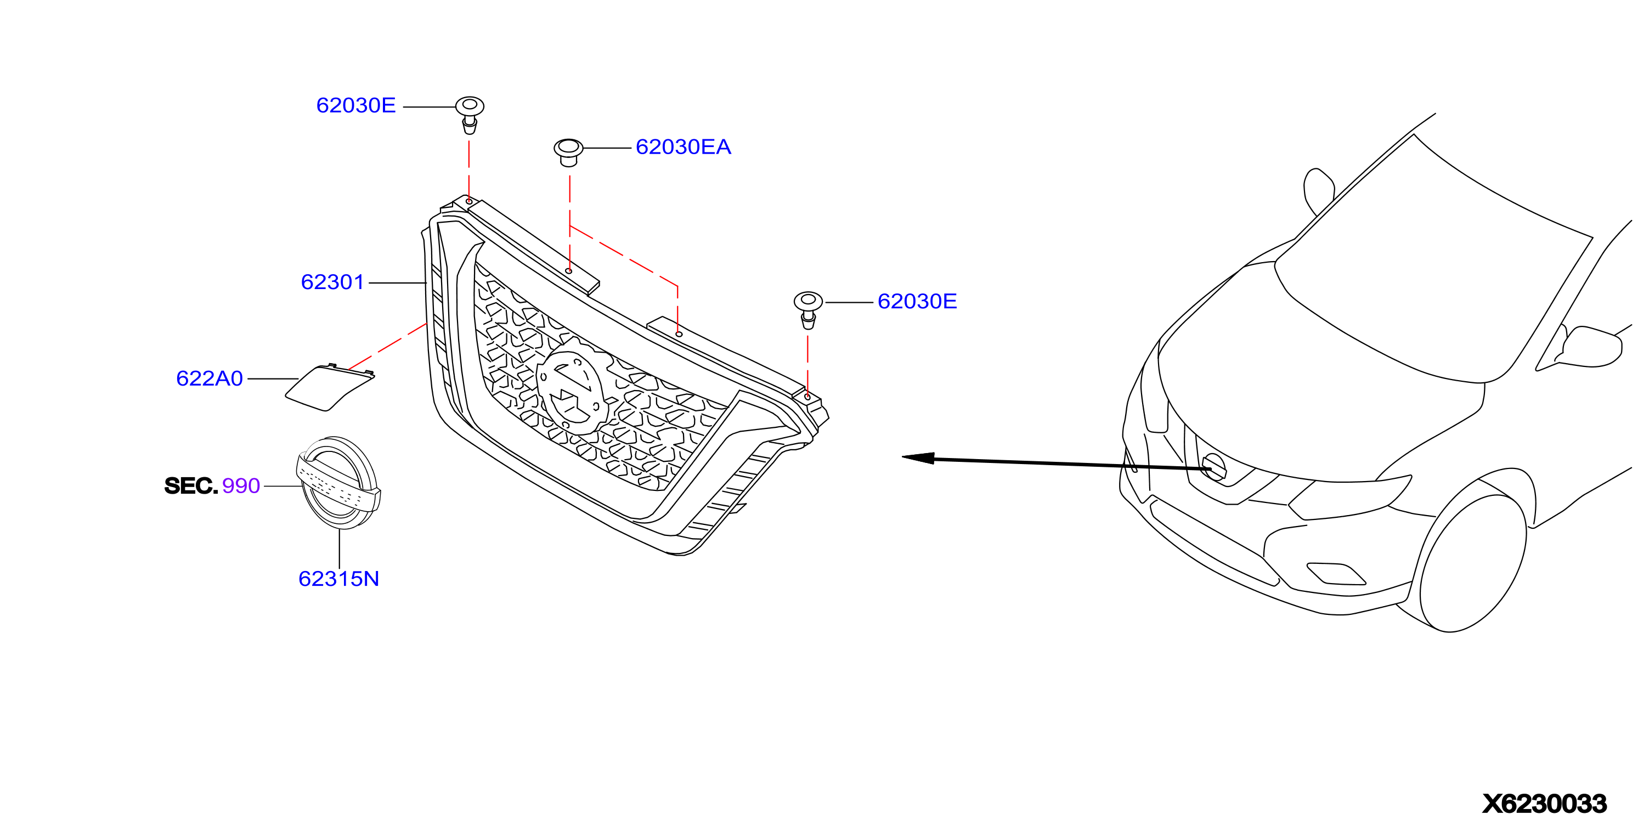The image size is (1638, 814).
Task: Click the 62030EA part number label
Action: point(683,147)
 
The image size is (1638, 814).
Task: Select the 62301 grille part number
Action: point(332,282)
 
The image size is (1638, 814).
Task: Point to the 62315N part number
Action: point(338,579)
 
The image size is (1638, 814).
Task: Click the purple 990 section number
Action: point(241,486)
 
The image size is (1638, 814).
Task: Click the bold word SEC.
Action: point(191,486)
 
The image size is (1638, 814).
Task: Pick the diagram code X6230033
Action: point(1545,803)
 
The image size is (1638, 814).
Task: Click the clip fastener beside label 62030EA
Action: point(568,152)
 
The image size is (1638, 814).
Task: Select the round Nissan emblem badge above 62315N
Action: point(339,483)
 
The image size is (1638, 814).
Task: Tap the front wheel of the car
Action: point(1472,562)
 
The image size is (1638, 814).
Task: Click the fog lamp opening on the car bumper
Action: point(1335,573)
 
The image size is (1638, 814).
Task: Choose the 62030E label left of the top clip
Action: point(356,105)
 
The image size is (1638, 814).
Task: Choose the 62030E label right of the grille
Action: point(917,302)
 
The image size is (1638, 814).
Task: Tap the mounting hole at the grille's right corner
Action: point(807,397)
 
